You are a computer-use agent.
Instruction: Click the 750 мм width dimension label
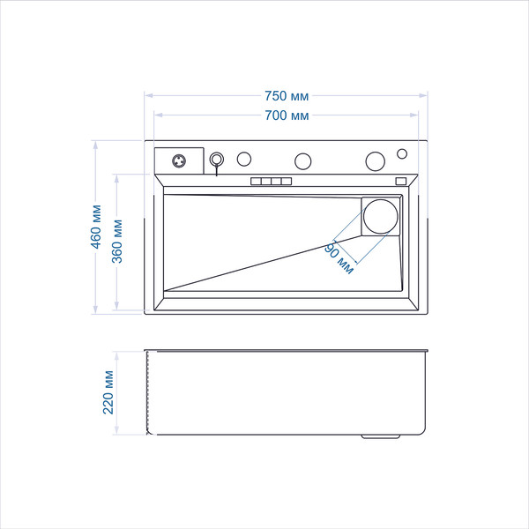coord(286,96)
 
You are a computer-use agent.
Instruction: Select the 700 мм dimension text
coord(287,115)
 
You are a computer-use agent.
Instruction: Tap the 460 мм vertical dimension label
coord(96,227)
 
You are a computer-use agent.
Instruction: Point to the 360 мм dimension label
coord(117,242)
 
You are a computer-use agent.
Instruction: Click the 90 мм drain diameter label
coord(339,258)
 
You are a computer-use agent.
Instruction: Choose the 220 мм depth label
coord(108,392)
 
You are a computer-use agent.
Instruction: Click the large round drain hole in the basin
coord(381,217)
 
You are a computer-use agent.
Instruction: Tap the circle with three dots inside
coord(179,161)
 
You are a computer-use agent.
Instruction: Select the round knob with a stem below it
coord(217,160)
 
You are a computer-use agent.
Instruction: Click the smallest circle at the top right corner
coord(402,153)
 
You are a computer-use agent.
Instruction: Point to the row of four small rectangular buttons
coord(271,181)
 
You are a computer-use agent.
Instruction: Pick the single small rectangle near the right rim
coord(401,181)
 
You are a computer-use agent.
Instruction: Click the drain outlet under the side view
coord(381,436)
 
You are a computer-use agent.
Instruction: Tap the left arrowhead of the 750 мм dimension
coord(149,96)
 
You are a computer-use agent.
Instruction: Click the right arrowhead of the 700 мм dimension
coord(414,115)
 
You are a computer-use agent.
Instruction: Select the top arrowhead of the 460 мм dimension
coord(96,145)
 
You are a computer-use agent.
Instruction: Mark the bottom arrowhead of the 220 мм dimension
coord(116,430)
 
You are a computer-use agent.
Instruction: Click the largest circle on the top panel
coord(376,161)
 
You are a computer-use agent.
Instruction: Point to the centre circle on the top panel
coord(302,161)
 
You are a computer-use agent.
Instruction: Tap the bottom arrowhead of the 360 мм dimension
coord(116,305)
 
